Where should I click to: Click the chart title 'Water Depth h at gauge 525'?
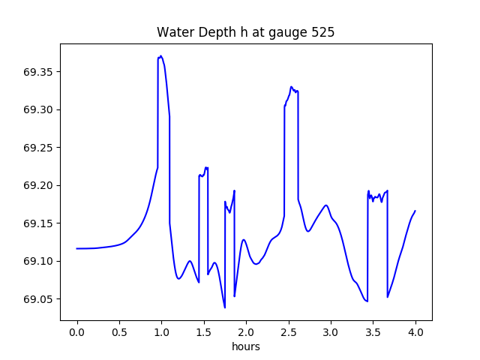(x=245, y=32)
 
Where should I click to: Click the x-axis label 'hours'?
(x=246, y=346)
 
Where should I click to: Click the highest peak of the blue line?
(x=160, y=55)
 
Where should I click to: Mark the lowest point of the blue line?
(x=225, y=307)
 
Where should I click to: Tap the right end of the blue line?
(x=415, y=211)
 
